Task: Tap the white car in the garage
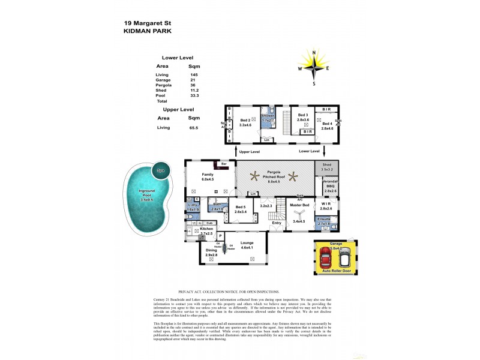344,258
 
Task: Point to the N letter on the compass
313,53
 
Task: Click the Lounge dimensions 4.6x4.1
247,247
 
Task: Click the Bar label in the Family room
224,163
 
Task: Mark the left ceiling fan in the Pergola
258,176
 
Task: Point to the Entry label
276,223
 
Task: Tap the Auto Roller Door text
336,271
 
